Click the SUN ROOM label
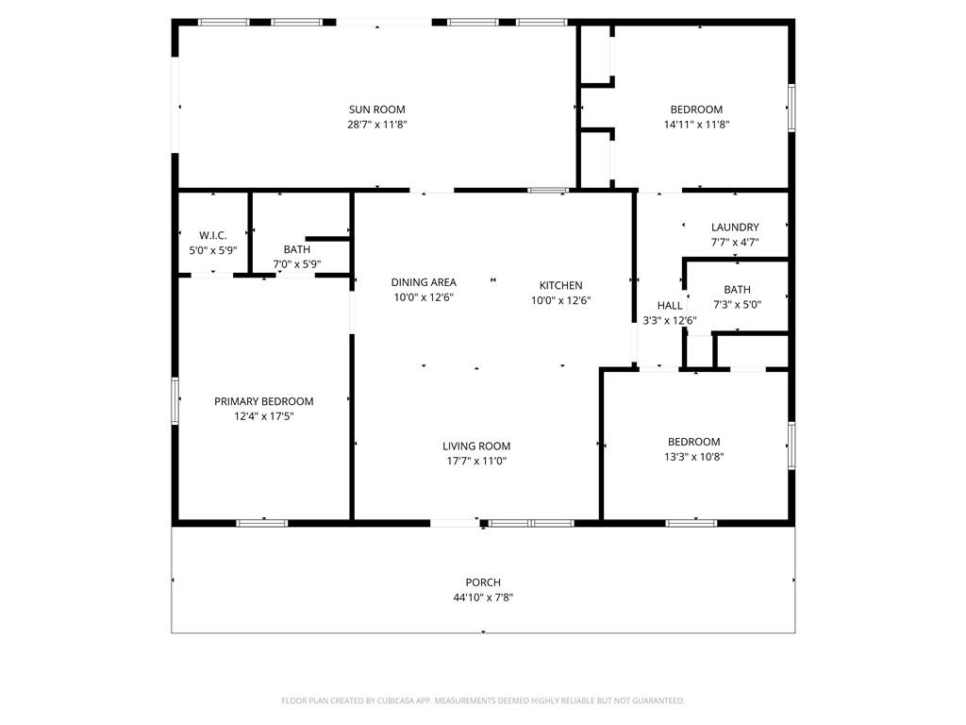point(376,110)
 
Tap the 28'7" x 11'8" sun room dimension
point(376,125)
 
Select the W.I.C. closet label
point(213,235)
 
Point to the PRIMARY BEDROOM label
point(263,401)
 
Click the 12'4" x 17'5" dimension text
point(263,416)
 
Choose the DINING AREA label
point(424,282)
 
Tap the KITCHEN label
point(560,285)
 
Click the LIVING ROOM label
point(476,447)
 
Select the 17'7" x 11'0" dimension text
point(476,462)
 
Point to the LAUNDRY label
point(735,228)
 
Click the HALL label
point(670,306)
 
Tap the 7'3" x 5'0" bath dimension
point(737,305)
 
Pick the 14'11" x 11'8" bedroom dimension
point(696,125)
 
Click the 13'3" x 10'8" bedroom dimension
point(693,457)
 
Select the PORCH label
point(483,582)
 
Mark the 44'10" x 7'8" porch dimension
point(483,598)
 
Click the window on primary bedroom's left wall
point(175,401)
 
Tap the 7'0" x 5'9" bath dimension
point(296,264)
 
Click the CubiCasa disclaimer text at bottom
point(483,700)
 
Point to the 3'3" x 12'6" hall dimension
point(670,321)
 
